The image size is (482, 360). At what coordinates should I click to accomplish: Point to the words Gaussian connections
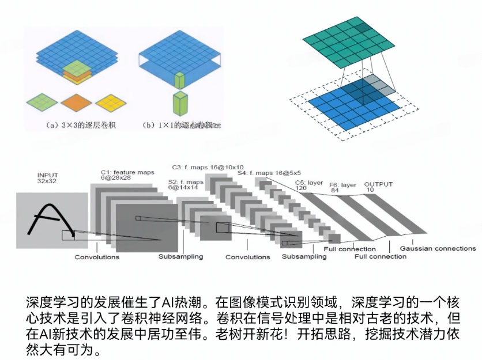[x=438, y=248]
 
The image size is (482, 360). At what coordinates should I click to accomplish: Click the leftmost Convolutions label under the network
[x=97, y=257]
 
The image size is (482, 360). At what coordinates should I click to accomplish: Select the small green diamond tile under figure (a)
[x=41, y=102]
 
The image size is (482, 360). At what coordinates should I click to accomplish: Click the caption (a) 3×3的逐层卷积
[x=75, y=124]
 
